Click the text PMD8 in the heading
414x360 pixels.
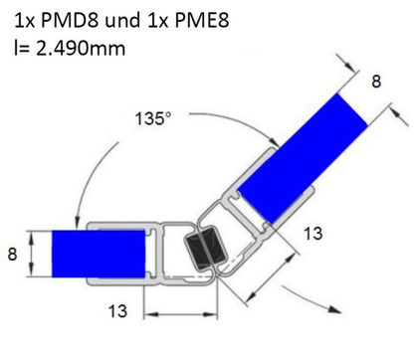(x=70, y=20)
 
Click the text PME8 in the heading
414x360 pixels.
(x=202, y=20)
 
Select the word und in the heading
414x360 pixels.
(x=122, y=21)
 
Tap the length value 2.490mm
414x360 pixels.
(x=81, y=49)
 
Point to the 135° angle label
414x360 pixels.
(x=153, y=118)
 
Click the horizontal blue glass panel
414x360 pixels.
(x=99, y=254)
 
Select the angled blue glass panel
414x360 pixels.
(x=303, y=158)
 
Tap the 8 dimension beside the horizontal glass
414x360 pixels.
(x=12, y=255)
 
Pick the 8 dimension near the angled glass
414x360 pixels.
(x=376, y=82)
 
